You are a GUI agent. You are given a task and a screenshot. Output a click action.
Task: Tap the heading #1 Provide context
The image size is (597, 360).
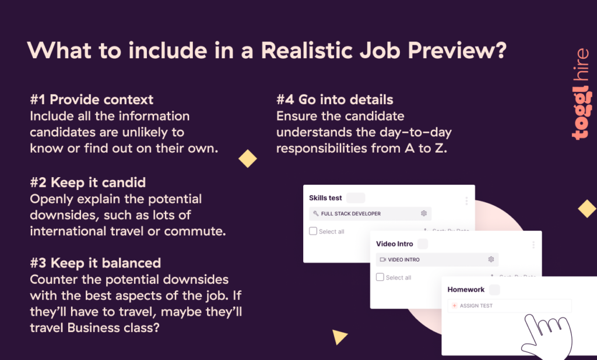[92, 100]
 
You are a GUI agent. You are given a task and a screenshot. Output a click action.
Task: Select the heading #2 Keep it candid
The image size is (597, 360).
[87, 182]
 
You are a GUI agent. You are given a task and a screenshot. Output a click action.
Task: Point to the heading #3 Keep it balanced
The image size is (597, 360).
[95, 263]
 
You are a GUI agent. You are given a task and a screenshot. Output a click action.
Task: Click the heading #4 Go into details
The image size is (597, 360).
[335, 100]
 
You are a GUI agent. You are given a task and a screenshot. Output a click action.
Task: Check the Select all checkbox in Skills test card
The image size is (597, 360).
[313, 231]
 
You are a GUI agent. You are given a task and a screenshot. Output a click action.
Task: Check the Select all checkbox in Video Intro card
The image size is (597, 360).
[380, 277]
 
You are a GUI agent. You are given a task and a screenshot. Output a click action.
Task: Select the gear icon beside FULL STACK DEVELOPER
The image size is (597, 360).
[424, 214]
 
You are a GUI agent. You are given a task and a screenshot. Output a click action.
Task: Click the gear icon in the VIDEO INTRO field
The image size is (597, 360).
[491, 259]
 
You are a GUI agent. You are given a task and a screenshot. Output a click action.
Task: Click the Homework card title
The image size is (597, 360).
[466, 290]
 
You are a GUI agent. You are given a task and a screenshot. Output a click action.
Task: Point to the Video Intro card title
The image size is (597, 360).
[394, 244]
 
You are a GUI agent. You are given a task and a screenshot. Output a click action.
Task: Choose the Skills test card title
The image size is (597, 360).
[325, 198]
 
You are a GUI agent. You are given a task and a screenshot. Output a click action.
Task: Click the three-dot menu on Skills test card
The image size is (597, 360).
[466, 201]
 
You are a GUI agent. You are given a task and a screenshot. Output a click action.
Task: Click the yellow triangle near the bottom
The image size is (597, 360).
[339, 337]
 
